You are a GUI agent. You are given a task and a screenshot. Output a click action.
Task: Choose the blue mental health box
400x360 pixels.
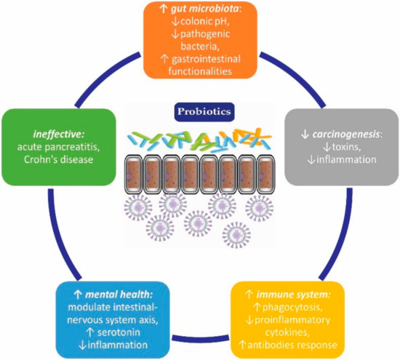click(112, 318)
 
